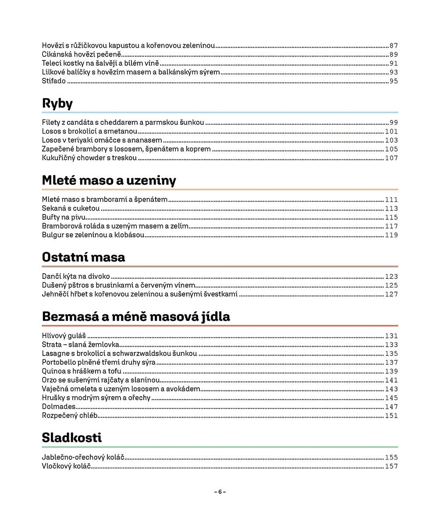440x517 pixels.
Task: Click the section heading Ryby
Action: point(57,104)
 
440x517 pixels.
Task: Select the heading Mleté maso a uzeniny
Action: point(109,180)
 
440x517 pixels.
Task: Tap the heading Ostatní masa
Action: point(83,257)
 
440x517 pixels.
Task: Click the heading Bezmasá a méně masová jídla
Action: point(136,317)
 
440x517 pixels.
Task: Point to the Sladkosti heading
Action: point(72,437)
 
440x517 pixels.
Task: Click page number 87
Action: point(394,46)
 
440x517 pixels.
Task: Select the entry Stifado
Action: point(54,81)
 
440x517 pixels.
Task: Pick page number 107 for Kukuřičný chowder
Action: point(391,158)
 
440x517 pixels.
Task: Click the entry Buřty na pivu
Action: point(64,217)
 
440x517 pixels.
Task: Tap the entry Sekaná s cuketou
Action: point(71,208)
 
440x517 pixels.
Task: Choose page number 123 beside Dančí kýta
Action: point(391,277)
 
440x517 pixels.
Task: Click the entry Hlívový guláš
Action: point(64,336)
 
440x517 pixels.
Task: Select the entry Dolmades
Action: point(59,407)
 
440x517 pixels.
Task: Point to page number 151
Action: point(391,415)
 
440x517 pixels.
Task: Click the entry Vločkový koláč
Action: point(66,466)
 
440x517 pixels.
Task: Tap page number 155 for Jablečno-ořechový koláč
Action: point(391,457)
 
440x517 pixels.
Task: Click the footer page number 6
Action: point(220,492)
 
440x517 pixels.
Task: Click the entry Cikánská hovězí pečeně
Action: point(81,54)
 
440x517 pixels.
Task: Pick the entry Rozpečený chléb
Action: point(70,415)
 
